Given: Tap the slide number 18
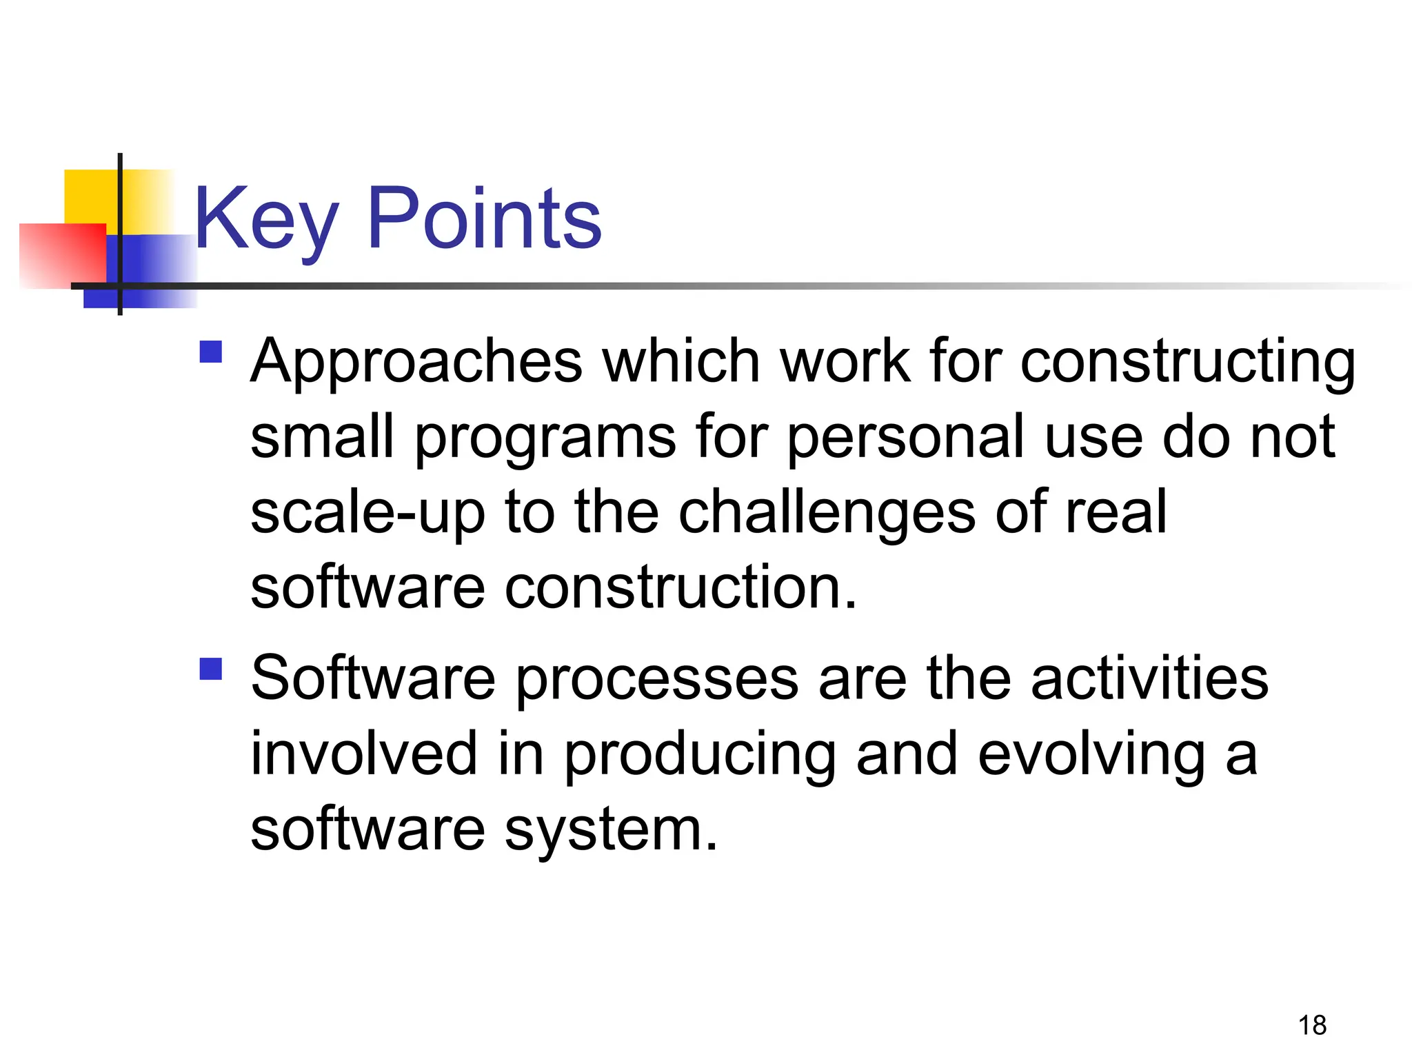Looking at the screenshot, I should [x=1312, y=1025].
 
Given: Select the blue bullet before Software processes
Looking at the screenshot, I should [x=211, y=669].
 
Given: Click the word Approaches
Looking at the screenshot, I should [x=416, y=362].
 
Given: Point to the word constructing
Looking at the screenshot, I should [x=1187, y=362].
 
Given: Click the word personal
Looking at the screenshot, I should [x=905, y=438].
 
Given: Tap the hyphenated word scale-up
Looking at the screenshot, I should [x=367, y=514].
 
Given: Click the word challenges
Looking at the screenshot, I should [x=827, y=514].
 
